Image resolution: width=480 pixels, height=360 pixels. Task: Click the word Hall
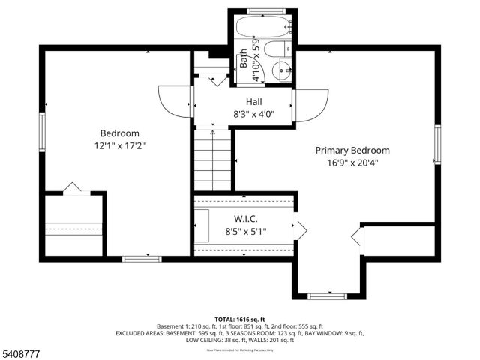click(253, 101)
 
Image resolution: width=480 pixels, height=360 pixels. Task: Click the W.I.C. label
click(245, 219)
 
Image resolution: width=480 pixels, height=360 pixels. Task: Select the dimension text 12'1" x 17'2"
click(119, 146)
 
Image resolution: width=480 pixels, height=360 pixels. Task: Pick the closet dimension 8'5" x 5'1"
click(245, 232)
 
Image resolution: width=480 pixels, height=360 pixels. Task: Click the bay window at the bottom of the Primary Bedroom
click(327, 296)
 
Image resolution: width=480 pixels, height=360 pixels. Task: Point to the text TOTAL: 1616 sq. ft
click(240, 319)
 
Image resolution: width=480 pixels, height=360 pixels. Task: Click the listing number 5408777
click(21, 352)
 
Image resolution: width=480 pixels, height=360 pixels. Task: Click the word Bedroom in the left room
click(119, 133)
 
